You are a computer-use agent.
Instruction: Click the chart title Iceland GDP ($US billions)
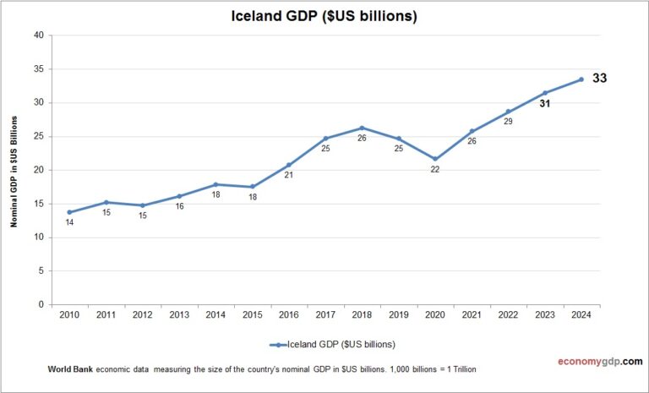point(324,16)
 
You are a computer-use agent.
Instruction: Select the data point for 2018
point(362,128)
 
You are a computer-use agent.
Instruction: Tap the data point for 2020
point(434,159)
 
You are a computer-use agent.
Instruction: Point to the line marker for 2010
point(69,212)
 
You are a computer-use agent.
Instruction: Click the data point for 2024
point(581,79)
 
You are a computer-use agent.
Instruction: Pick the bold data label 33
point(599,79)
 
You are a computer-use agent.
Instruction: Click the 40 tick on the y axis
point(38,35)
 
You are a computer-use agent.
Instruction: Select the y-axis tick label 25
point(38,137)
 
